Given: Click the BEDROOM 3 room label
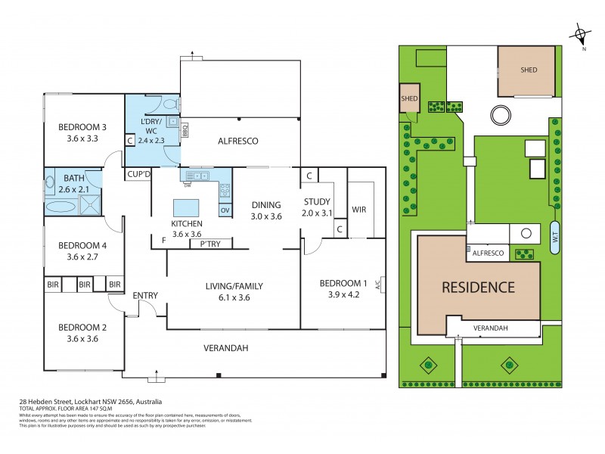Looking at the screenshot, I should click(x=83, y=127).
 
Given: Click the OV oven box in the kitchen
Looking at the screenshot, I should click(x=225, y=210).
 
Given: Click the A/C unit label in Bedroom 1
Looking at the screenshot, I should click(x=386, y=285).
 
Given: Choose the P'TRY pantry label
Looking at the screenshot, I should click(x=210, y=244).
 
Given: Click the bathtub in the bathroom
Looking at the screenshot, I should click(x=61, y=205).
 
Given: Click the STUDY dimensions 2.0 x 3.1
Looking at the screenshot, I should click(x=316, y=213).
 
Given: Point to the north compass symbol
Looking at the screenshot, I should click(x=580, y=34).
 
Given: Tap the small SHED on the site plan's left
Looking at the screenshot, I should click(x=410, y=98).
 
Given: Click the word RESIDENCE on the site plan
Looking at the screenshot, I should click(x=478, y=288).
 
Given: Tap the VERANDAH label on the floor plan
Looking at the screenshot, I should click(x=227, y=348).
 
